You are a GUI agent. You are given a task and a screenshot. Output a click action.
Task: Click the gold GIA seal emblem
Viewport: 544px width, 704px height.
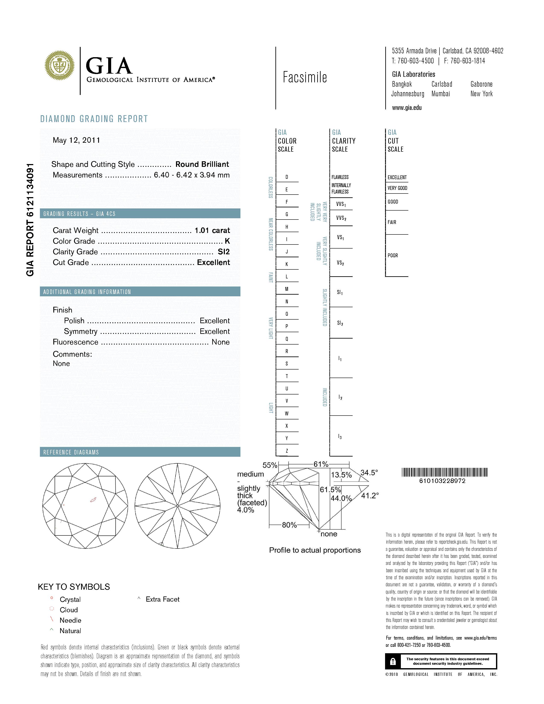(x=59, y=65)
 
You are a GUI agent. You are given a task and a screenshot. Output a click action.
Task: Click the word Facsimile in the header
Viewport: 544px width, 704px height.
(x=305, y=77)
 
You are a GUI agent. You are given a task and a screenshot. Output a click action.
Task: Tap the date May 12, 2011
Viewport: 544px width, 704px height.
(x=76, y=140)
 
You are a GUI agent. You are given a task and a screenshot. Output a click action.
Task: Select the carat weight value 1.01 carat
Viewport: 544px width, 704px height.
(x=212, y=230)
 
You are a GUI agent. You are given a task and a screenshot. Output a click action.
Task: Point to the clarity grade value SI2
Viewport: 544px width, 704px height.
(x=224, y=252)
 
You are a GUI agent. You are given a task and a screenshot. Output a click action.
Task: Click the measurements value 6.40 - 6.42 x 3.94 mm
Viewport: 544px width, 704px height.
(x=192, y=175)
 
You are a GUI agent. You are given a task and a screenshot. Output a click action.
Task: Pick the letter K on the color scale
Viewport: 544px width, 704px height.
(x=287, y=264)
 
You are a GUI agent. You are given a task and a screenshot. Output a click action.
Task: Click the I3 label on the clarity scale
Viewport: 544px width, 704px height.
(x=340, y=437)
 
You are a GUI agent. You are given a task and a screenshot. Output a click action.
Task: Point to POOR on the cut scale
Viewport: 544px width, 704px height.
(x=393, y=256)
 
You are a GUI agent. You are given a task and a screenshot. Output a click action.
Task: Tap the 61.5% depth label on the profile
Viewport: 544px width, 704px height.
(x=330, y=490)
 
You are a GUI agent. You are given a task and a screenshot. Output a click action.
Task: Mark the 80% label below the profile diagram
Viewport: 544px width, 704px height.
(x=289, y=525)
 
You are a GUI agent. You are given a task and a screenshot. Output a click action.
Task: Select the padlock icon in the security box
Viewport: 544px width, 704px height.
(x=393, y=662)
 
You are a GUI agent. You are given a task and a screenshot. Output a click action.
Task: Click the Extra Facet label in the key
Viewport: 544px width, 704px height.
(x=162, y=599)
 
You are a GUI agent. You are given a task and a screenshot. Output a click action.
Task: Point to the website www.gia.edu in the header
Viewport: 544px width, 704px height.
(x=407, y=108)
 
